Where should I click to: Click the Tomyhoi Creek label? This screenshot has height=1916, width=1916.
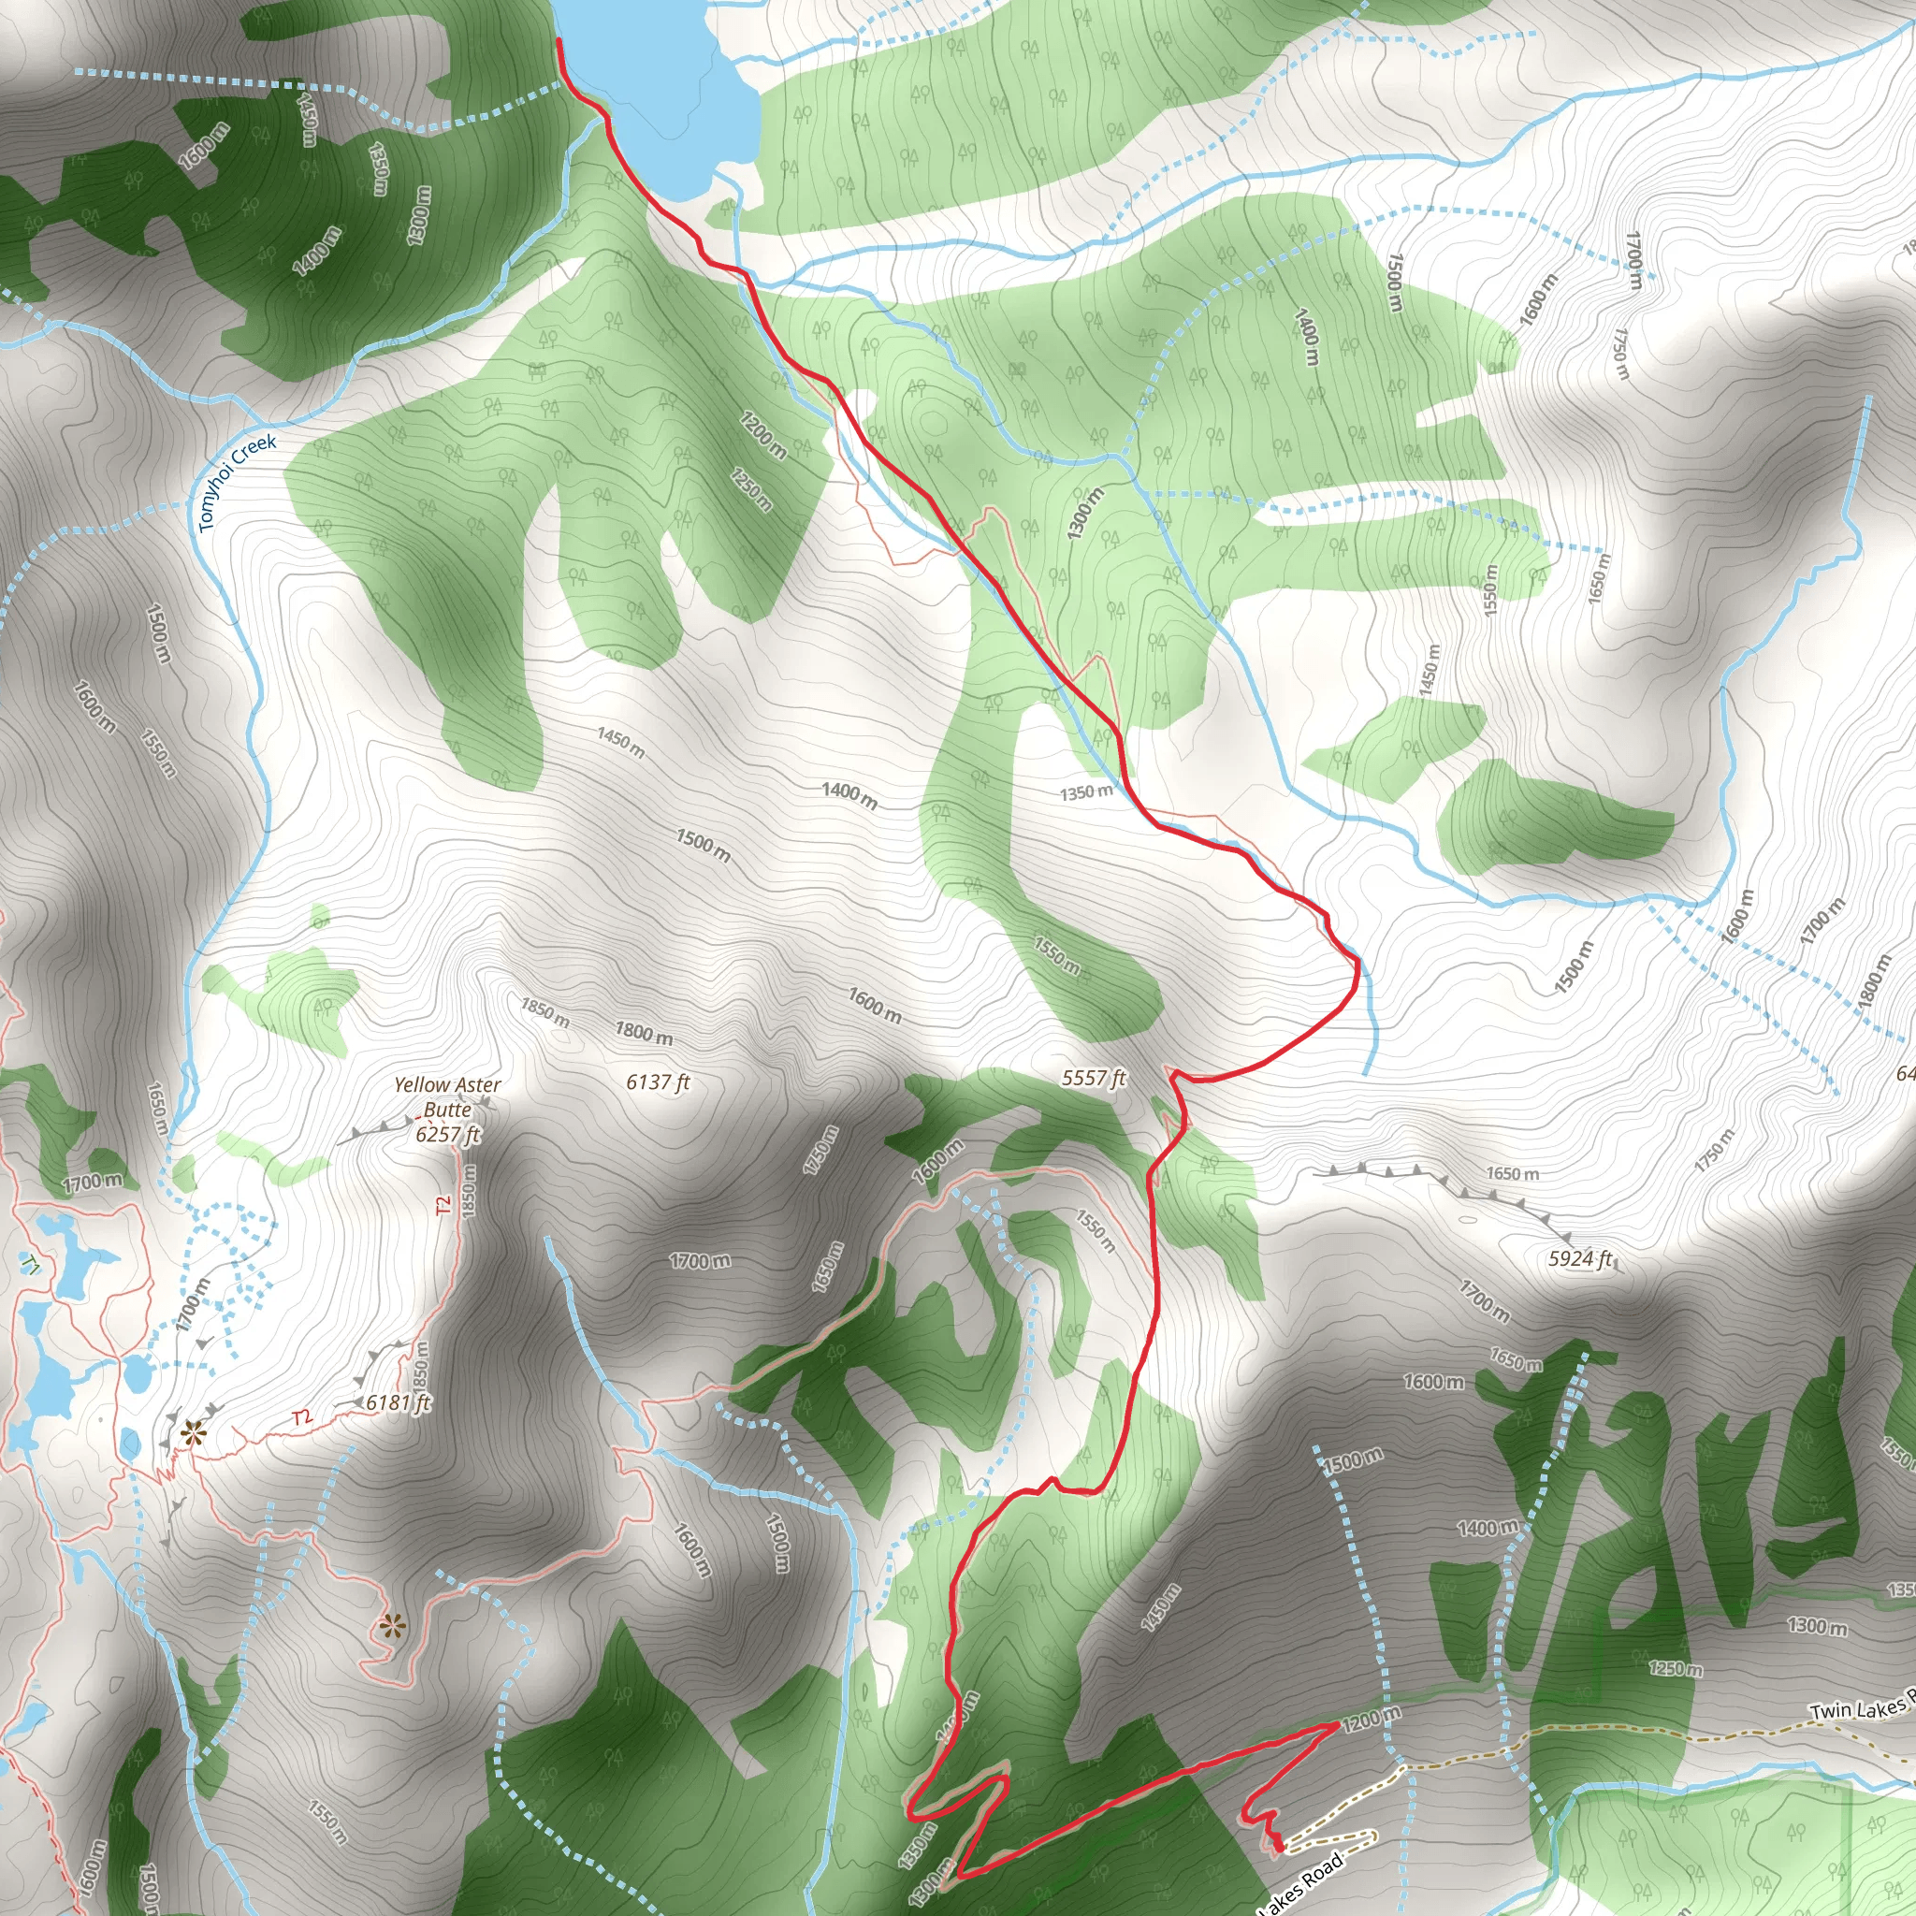(237, 482)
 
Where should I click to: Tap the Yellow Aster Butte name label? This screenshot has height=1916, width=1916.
(447, 1096)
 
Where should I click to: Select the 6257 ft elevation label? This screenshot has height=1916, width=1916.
(448, 1134)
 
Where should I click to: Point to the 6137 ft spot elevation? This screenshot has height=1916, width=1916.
(658, 1082)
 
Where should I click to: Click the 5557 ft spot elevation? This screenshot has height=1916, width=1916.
(1094, 1078)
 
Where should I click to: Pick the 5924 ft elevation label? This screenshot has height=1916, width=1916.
(1581, 1258)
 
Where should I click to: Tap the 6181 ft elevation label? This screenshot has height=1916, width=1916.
(399, 1402)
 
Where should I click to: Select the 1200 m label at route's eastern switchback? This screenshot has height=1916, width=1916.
(1372, 1719)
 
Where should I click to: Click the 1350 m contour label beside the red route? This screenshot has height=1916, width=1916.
(1086, 792)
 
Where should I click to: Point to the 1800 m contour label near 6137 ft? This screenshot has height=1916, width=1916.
(644, 1033)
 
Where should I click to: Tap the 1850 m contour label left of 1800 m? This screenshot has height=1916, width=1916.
(545, 1012)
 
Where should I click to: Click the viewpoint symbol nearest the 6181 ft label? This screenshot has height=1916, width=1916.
(193, 1432)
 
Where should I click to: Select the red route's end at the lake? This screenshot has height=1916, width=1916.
(559, 40)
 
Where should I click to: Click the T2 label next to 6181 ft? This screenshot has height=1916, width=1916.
(302, 1417)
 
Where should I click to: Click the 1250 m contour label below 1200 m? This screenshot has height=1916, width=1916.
(750, 489)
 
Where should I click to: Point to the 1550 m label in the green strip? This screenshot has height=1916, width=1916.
(1057, 954)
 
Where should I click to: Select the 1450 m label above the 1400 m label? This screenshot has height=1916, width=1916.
(621, 742)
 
